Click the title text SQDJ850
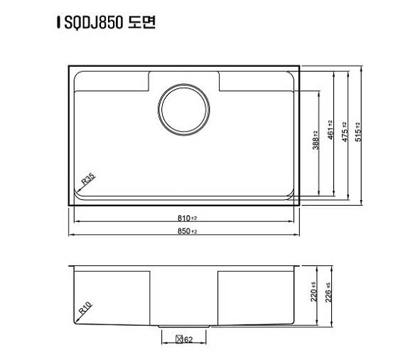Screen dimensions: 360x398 point(92,23)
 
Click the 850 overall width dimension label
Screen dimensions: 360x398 point(185,231)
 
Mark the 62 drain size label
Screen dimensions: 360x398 point(189,339)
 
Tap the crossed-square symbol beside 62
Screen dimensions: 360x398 point(179,339)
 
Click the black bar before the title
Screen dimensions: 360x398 point(58,23)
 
